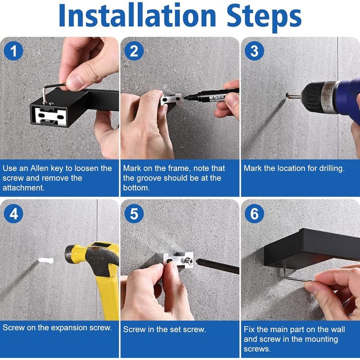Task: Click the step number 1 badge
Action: pos(13,51)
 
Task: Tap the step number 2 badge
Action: pos(134,51)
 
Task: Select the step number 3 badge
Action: pos(255,51)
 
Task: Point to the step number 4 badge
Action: pos(13,213)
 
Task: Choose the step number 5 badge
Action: pos(134,213)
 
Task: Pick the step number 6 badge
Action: pos(255,213)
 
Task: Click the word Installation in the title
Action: pos(137,15)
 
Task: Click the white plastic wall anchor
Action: pos(46,260)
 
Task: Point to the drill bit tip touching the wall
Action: pos(287,95)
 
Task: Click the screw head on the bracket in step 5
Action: pos(189,261)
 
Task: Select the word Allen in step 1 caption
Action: pos(40,168)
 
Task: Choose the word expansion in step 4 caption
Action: pos(69,328)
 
